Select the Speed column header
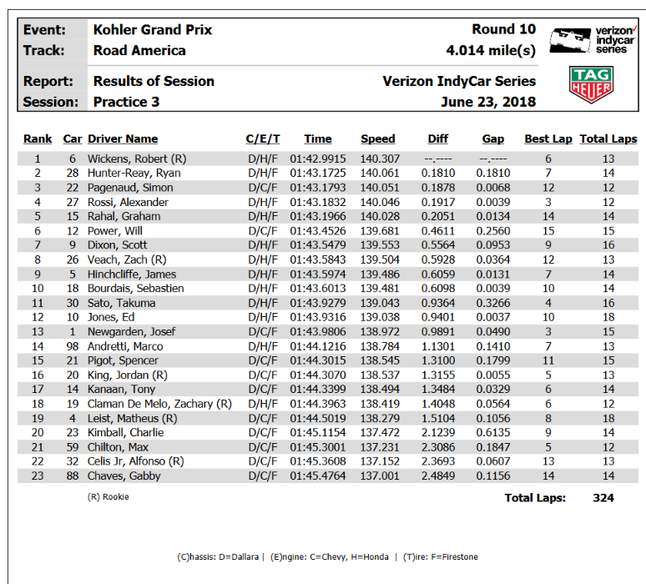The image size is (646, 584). coord(377,139)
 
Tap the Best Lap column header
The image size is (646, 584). coord(548,139)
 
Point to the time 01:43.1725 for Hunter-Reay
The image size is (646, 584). coord(317,173)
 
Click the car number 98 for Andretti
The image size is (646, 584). coord(72,346)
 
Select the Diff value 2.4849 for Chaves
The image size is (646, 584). coord(438,476)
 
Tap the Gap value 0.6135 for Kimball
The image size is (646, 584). coord(492,432)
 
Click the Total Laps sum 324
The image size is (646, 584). coord(603,498)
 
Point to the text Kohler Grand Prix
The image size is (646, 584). coord(153,30)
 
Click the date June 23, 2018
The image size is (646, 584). coord(488,102)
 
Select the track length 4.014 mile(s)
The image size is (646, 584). coord(491,51)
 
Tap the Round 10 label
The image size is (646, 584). coord(503,30)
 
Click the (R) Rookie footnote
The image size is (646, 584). coord(109,497)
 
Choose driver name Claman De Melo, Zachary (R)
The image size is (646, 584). coord(159,404)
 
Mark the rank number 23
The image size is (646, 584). coord(37,476)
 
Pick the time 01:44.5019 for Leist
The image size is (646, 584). coord(317,418)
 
